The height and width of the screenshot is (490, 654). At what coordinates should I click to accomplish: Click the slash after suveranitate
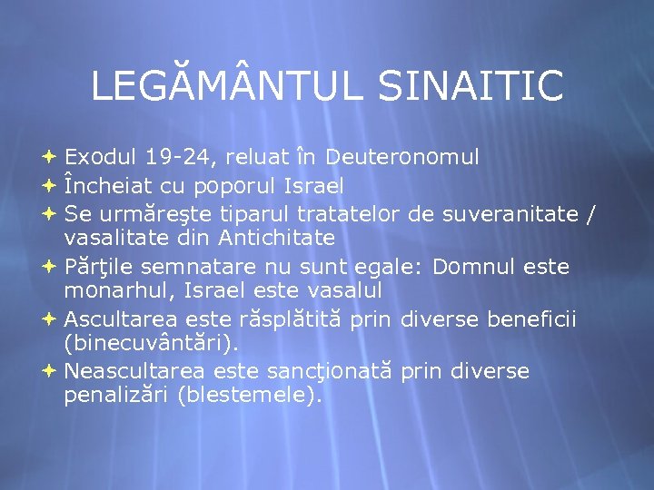coord(592,213)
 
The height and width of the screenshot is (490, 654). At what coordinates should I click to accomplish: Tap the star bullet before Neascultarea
coord(49,371)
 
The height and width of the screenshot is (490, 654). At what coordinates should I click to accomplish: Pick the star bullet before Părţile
coord(49,268)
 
